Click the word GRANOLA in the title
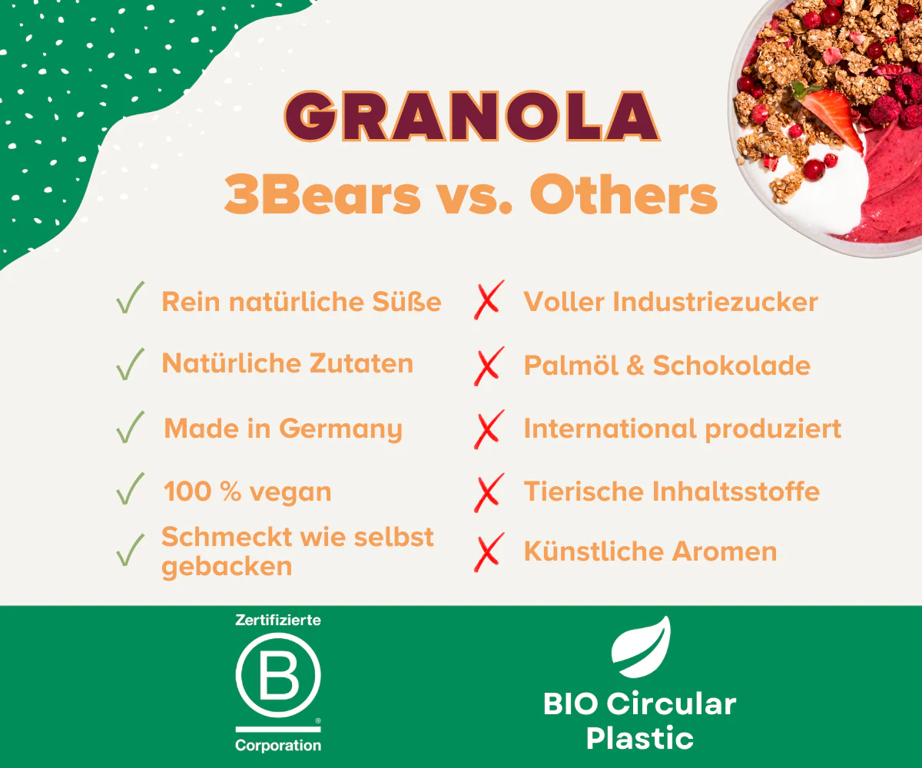[x=472, y=116]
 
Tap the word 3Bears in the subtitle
[x=323, y=194]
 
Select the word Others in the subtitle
[x=623, y=194]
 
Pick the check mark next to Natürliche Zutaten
[x=130, y=364]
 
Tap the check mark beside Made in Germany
[x=130, y=427]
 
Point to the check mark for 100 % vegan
[x=130, y=488]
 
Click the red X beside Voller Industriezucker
[x=489, y=300]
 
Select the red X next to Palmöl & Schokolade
[x=489, y=366]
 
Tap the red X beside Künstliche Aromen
[x=489, y=552]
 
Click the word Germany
[x=340, y=429]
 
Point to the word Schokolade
[x=731, y=366]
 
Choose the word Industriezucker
[x=715, y=302]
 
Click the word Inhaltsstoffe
[x=735, y=492]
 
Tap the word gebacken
[x=227, y=567]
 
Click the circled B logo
[x=278, y=675]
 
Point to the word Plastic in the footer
[x=640, y=738]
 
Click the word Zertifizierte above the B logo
[x=278, y=620]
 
